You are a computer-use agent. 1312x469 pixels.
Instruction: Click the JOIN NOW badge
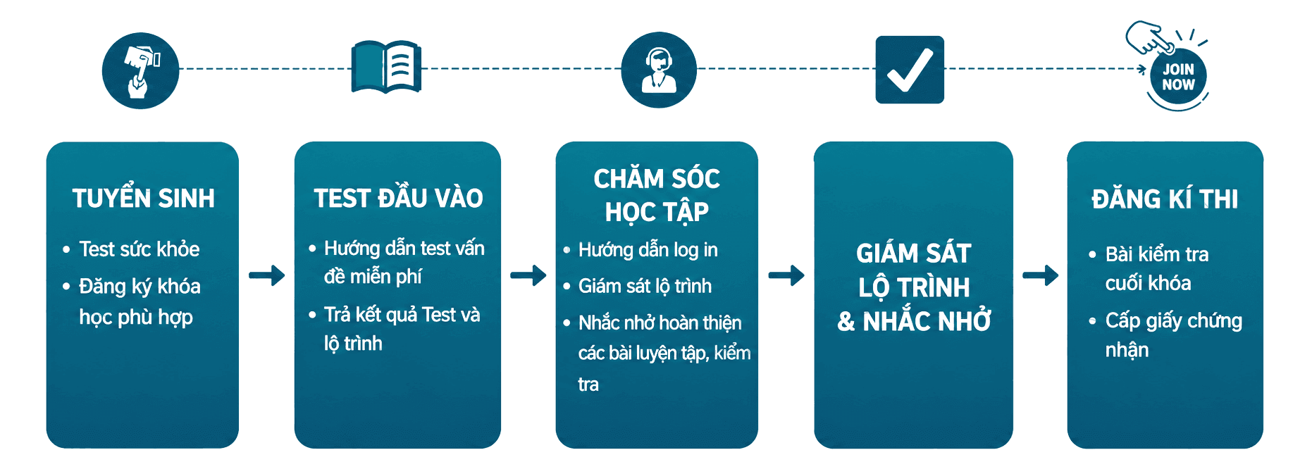point(1178,76)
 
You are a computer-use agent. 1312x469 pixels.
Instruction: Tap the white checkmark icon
point(910,70)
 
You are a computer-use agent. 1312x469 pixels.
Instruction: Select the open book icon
point(386,67)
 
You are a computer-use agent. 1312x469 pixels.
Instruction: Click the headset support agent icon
point(659,70)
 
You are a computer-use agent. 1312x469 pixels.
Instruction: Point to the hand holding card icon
point(140,70)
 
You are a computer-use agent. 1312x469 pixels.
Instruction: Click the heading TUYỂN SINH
point(144,199)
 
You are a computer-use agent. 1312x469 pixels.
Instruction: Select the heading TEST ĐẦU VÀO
point(398,199)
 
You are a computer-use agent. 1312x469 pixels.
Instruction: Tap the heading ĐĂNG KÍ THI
point(1165,199)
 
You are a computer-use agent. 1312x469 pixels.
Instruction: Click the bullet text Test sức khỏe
point(140,249)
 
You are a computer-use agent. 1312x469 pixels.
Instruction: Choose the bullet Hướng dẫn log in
point(648,250)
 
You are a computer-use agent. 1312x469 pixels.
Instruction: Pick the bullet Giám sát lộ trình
point(645,286)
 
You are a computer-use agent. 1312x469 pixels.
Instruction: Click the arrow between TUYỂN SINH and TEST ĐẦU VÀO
point(267,275)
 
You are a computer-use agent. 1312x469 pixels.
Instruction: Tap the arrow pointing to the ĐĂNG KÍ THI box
point(1041,275)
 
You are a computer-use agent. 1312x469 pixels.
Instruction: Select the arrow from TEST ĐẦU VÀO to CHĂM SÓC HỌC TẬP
point(528,275)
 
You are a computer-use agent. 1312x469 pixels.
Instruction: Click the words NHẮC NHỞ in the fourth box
point(927,322)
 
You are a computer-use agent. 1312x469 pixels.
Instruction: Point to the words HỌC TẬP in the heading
point(657,212)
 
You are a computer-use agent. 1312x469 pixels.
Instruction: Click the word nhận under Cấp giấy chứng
point(1127,350)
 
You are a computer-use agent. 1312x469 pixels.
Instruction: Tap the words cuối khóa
point(1148,283)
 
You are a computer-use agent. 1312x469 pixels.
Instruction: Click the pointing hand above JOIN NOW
point(1149,37)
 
